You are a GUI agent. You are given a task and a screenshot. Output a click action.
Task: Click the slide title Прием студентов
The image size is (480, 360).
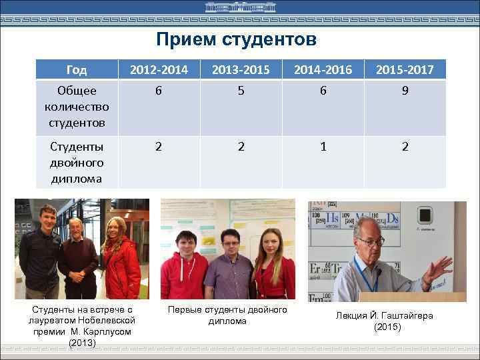click(236, 40)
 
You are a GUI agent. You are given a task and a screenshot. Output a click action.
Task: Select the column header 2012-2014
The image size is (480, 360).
click(159, 69)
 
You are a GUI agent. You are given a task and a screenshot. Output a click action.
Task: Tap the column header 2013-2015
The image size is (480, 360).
click(241, 69)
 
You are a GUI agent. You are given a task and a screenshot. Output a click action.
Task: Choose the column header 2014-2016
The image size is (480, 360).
click(323, 69)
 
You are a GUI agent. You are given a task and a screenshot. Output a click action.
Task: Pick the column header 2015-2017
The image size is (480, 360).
click(405, 69)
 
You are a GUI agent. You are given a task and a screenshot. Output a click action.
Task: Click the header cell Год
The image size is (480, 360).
click(77, 69)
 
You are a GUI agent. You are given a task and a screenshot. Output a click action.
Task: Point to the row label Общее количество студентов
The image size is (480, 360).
click(77, 107)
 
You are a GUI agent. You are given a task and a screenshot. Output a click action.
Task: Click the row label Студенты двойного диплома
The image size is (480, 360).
click(77, 162)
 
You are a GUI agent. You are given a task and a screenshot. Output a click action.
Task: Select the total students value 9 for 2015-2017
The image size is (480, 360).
click(405, 91)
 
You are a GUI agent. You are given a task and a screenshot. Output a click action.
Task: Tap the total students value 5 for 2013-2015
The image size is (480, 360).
click(241, 91)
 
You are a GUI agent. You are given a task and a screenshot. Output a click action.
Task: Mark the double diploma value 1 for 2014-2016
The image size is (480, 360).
click(323, 147)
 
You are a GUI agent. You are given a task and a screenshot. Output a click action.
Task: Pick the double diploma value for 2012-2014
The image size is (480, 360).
click(159, 147)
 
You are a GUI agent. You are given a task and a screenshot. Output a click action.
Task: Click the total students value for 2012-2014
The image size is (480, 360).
click(159, 91)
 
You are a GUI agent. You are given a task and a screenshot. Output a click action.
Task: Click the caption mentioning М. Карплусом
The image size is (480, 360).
click(83, 326)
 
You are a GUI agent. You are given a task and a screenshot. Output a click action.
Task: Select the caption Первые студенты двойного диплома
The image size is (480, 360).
click(227, 315)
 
